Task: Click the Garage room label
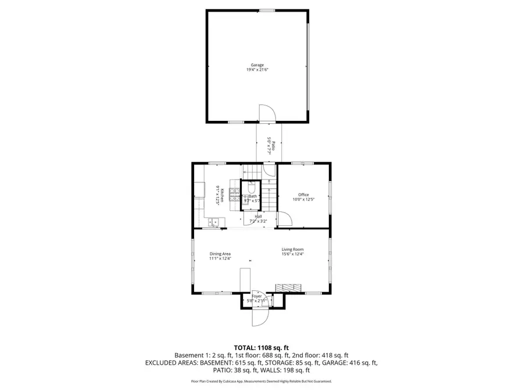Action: tap(257, 64)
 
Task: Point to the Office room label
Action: tap(303, 195)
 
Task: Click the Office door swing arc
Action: tap(284, 218)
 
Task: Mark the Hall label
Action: tap(257, 216)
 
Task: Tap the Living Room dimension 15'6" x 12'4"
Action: tap(293, 254)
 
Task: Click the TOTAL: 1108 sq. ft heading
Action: tap(261, 347)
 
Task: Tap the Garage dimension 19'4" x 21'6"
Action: tap(257, 70)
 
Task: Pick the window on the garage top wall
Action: tap(267, 10)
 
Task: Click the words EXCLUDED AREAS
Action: tap(171, 362)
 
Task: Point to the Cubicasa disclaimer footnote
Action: tap(261, 382)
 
